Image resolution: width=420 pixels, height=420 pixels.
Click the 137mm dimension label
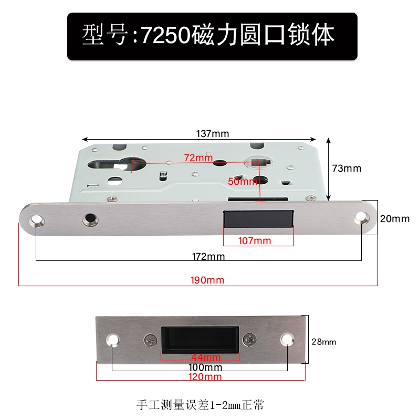(213, 133)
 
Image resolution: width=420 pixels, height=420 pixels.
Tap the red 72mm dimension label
(198, 158)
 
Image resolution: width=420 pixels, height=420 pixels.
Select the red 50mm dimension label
(243, 181)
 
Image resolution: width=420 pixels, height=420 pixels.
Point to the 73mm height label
(346, 168)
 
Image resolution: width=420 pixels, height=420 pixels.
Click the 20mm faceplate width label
(395, 218)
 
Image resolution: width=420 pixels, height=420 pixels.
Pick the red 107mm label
(255, 240)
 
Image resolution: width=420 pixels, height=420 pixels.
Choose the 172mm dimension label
(208, 256)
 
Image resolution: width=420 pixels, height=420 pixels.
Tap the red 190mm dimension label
(207, 280)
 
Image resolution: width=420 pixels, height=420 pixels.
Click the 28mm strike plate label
(324, 342)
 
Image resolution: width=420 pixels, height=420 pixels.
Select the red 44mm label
(206, 357)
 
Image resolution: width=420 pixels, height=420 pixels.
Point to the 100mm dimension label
(205, 367)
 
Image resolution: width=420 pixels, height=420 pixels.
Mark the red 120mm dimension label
(205, 377)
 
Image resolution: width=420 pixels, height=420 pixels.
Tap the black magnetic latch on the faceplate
(258, 219)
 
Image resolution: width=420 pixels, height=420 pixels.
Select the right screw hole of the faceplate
(361, 218)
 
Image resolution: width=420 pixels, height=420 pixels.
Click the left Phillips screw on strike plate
(151, 341)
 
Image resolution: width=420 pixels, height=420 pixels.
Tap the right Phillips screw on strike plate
(249, 340)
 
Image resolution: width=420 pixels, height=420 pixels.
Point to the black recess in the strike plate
(200, 340)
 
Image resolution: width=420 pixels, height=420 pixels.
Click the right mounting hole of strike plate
(287, 339)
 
